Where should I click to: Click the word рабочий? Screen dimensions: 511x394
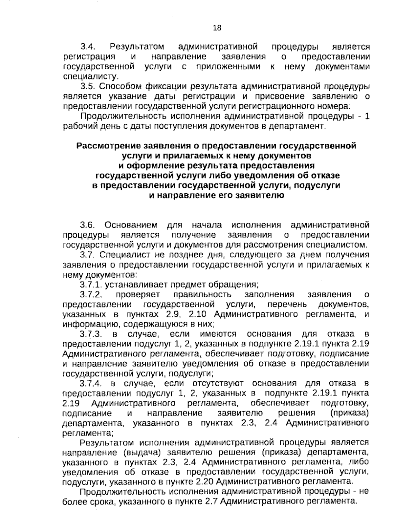[x=77, y=126]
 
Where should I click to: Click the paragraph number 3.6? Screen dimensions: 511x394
[x=88, y=225]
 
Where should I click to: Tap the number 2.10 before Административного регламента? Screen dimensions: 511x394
[x=198, y=314]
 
